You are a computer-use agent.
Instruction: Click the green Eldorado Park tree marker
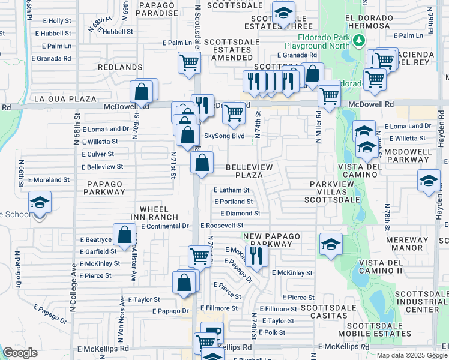point(359,40)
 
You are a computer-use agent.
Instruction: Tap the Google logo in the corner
point(20,353)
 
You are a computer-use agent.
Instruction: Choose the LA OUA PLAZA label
point(65,98)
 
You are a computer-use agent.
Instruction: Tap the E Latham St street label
point(232,190)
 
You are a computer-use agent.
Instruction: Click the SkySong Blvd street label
point(224,136)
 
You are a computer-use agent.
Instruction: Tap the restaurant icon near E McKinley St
point(256,255)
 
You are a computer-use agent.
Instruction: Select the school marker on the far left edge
point(40,202)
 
